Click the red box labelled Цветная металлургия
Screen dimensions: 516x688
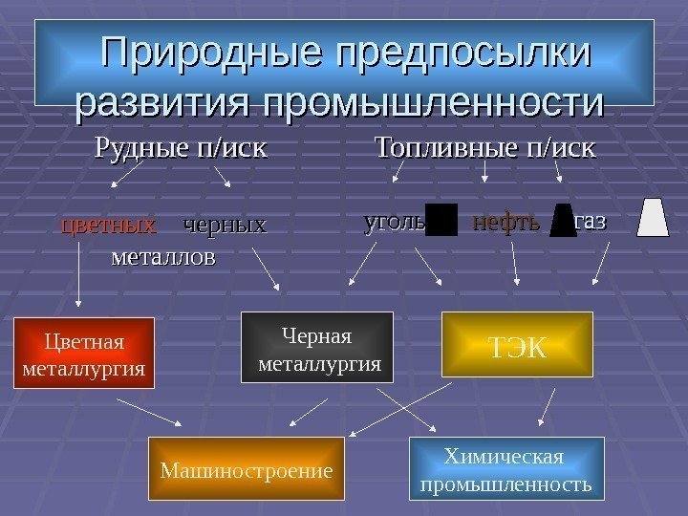[84, 353]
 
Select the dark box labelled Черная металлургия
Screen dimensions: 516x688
[318, 348]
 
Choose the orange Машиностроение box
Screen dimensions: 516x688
[246, 470]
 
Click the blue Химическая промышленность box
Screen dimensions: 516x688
[506, 469]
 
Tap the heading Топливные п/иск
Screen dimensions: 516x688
[484, 149]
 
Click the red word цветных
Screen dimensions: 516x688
[109, 226]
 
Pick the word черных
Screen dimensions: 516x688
[224, 226]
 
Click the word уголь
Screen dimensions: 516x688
[394, 223]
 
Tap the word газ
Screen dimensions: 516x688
[591, 223]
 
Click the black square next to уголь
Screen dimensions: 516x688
[441, 220]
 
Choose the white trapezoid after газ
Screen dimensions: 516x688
[655, 217]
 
